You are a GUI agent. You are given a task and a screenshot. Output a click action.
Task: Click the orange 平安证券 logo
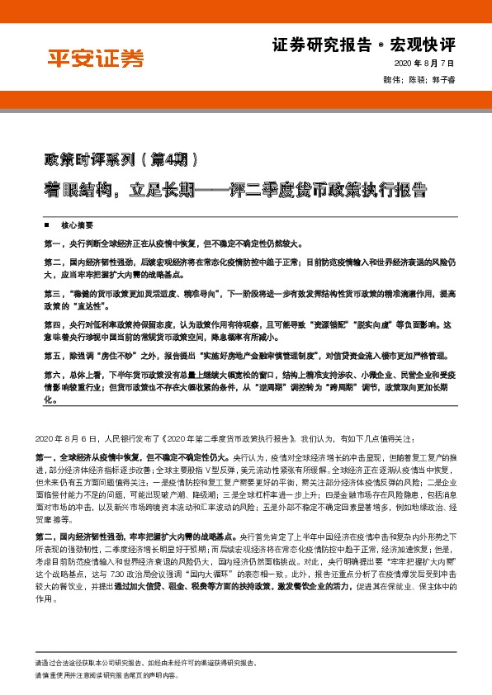(93, 59)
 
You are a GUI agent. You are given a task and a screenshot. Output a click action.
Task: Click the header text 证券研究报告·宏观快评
(375, 44)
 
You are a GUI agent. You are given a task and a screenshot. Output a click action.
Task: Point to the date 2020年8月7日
(427, 64)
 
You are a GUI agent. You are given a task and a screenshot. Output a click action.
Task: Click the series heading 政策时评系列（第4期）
(120, 158)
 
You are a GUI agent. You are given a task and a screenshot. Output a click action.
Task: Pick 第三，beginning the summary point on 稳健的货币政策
(55, 293)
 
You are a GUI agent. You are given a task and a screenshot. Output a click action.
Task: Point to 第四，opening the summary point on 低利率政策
(55, 324)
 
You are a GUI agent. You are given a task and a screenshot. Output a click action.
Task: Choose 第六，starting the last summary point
(55, 374)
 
